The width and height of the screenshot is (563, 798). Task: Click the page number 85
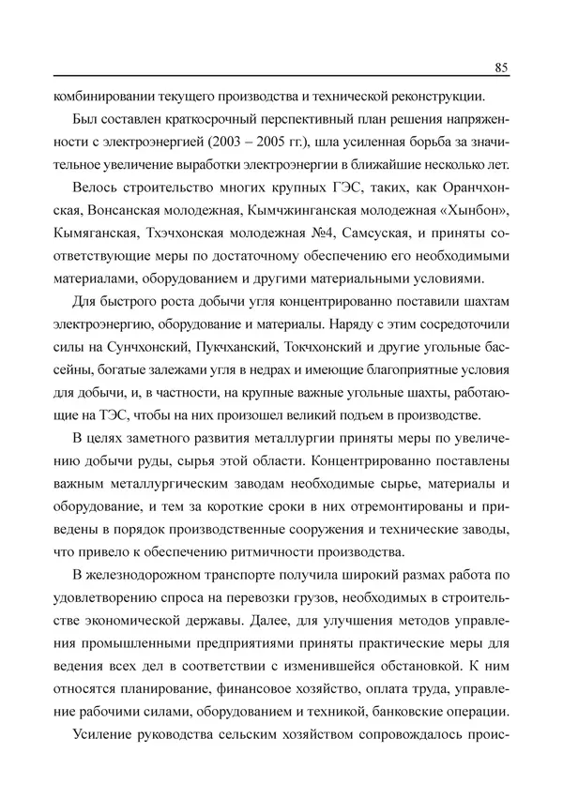click(x=500, y=67)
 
